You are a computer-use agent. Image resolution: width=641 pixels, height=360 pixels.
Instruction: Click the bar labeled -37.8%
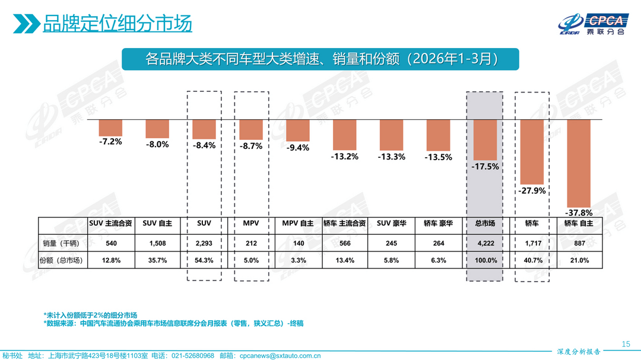[x=578, y=163]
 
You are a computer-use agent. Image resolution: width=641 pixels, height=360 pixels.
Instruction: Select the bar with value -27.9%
[x=532, y=151]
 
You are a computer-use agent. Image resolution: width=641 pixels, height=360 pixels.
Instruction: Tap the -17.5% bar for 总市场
[x=484, y=139]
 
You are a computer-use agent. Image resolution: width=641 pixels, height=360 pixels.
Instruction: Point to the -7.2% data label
[x=110, y=142]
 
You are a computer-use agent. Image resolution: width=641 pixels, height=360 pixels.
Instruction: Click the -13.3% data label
[x=392, y=157]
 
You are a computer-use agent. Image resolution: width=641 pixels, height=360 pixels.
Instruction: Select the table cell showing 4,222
[x=484, y=243]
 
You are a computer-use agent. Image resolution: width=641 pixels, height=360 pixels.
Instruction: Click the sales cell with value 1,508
[x=157, y=243]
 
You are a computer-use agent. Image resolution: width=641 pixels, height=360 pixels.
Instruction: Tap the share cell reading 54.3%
[x=204, y=260]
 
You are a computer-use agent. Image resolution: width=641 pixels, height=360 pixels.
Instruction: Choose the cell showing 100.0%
[x=484, y=260]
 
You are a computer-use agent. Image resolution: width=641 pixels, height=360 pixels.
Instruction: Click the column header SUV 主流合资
[x=110, y=224]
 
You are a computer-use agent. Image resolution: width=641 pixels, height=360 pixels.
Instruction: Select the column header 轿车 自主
[x=578, y=224]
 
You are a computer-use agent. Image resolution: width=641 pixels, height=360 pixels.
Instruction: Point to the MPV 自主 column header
[x=297, y=224]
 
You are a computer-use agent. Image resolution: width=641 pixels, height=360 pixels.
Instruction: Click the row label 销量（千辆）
[x=63, y=243]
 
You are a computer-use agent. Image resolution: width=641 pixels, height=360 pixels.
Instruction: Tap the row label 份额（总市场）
[x=63, y=260]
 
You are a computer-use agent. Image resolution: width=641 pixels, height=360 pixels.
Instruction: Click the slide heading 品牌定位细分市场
[x=117, y=24]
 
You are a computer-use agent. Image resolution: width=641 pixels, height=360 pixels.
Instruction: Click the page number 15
[x=625, y=344]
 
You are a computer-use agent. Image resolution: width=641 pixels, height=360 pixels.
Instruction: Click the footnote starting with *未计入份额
[x=90, y=314]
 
